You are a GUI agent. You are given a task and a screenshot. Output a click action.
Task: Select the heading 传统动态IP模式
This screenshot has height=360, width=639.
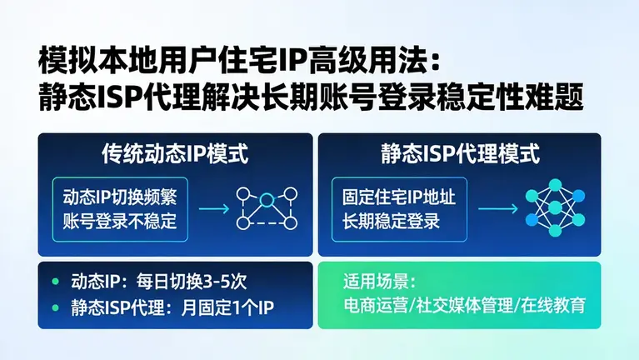click(174, 154)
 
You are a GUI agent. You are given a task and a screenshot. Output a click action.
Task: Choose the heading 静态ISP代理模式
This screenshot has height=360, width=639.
click(459, 154)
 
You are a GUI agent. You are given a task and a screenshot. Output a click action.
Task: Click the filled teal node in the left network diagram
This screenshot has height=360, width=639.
click(267, 199)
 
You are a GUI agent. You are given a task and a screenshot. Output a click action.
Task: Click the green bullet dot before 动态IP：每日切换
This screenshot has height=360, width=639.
click(56, 281)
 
